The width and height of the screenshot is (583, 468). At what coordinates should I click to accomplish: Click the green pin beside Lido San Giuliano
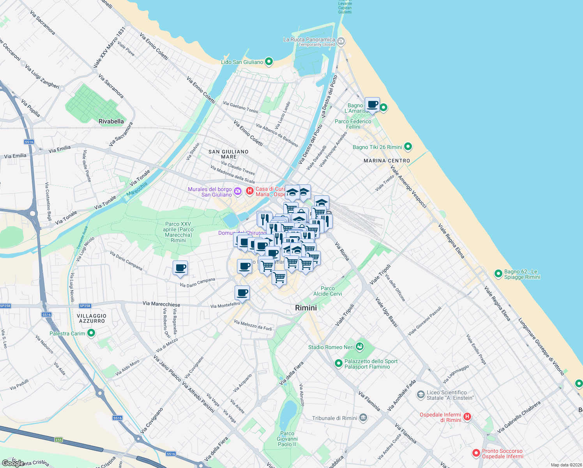click(269, 62)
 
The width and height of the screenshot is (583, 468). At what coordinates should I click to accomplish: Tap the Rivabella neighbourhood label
click(111, 121)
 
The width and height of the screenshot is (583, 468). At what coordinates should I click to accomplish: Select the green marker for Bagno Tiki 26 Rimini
click(408, 147)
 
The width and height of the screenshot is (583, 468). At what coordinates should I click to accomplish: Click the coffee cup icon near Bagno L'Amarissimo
click(372, 105)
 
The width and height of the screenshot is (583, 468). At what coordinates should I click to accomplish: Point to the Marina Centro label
click(387, 161)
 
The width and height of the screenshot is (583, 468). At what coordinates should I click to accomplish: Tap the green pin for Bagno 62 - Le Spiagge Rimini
click(498, 273)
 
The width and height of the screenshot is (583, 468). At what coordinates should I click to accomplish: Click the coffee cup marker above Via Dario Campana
click(180, 268)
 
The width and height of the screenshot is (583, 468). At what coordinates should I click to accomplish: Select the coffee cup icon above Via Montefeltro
click(242, 292)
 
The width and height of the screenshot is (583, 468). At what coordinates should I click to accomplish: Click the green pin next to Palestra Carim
click(91, 333)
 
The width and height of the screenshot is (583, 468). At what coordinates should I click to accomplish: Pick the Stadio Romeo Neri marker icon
click(360, 346)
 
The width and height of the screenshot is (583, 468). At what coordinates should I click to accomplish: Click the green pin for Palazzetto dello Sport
click(339, 363)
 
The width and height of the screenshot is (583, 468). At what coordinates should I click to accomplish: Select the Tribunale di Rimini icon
click(363, 418)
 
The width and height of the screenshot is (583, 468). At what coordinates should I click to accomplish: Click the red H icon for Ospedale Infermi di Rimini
click(467, 417)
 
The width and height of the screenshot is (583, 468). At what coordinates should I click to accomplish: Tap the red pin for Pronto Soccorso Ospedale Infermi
click(476, 453)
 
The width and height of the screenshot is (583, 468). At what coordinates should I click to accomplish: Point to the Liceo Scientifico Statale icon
click(420, 395)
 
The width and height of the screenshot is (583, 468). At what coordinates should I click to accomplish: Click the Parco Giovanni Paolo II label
click(287, 439)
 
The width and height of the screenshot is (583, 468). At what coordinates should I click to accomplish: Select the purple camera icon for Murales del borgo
click(237, 191)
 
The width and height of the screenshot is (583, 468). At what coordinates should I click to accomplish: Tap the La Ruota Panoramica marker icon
click(341, 41)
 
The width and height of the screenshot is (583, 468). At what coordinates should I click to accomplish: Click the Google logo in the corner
click(13, 463)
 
